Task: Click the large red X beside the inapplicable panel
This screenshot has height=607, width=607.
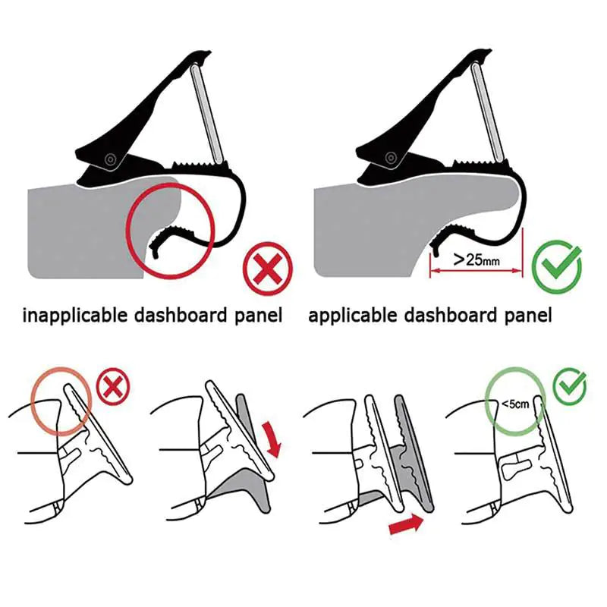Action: (x=268, y=269)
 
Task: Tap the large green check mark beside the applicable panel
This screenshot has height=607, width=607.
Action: (x=558, y=267)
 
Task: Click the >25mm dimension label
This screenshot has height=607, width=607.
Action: (x=476, y=259)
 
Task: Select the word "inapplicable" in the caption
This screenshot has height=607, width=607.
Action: (x=74, y=316)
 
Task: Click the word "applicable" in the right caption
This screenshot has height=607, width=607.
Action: (x=353, y=316)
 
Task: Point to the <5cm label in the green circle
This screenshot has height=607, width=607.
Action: (x=515, y=404)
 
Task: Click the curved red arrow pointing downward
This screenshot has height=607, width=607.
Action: (x=272, y=440)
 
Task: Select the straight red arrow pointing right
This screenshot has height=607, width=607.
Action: (x=407, y=525)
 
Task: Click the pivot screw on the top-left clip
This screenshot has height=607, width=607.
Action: (x=111, y=159)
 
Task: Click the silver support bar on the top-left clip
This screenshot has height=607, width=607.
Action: (x=207, y=113)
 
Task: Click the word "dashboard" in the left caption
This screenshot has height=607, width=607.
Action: (x=181, y=315)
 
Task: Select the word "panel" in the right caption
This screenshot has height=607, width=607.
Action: (x=528, y=316)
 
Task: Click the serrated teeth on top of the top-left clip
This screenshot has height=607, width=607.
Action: (x=198, y=164)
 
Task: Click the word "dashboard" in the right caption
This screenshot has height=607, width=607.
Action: (x=451, y=315)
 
